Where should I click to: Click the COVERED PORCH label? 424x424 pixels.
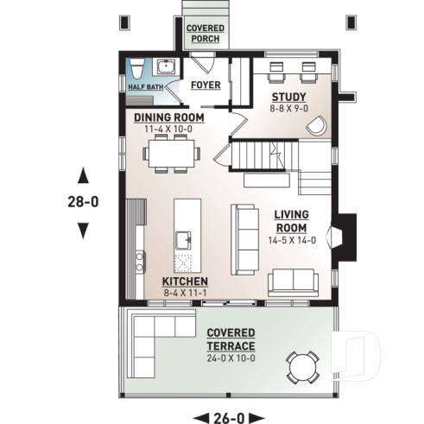tap(205, 34)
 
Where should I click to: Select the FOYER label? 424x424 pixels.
tap(205, 85)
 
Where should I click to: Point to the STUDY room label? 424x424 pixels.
tap(288, 96)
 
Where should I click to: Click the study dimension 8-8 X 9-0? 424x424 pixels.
tap(288, 109)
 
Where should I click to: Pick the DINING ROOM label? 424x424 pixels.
tap(168, 117)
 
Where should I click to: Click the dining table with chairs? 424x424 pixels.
tap(172, 153)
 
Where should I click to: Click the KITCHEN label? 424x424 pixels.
tap(185, 282)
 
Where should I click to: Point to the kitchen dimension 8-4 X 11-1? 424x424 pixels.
tap(185, 294)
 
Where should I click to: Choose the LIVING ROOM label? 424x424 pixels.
tap(292, 220)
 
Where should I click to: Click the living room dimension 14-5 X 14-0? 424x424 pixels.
tap(292, 241)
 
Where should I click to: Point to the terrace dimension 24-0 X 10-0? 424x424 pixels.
tap(231, 358)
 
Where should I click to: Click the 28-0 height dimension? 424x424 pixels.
tap(83, 202)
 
